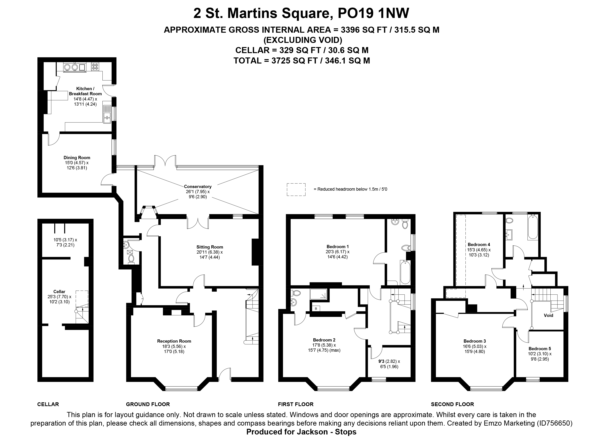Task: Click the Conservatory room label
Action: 198,187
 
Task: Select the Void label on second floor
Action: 548,315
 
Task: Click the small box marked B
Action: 316,309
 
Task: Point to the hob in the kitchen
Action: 95,67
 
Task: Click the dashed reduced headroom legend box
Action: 296,190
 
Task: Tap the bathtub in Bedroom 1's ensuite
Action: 405,272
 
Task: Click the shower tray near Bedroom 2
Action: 318,294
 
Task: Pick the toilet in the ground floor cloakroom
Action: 131,259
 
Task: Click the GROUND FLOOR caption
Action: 148,404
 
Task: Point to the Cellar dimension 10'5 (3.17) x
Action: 65,240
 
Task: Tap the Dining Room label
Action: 77,158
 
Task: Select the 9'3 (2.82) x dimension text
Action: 389,361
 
